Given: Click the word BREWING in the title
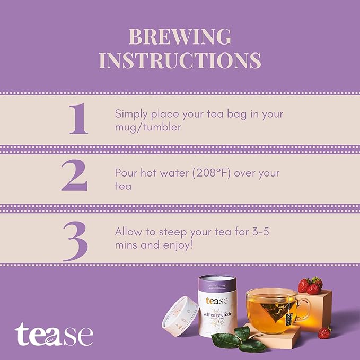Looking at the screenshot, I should (x=180, y=37).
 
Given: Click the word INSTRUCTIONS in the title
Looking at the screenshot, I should (x=180, y=60).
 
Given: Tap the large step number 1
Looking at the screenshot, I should (x=78, y=119).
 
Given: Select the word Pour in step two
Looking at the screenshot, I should (x=125, y=173).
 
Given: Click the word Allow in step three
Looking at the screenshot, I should (x=128, y=232).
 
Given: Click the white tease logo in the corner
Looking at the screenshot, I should (x=54, y=335).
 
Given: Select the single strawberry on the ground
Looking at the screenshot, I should (x=324, y=332).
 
